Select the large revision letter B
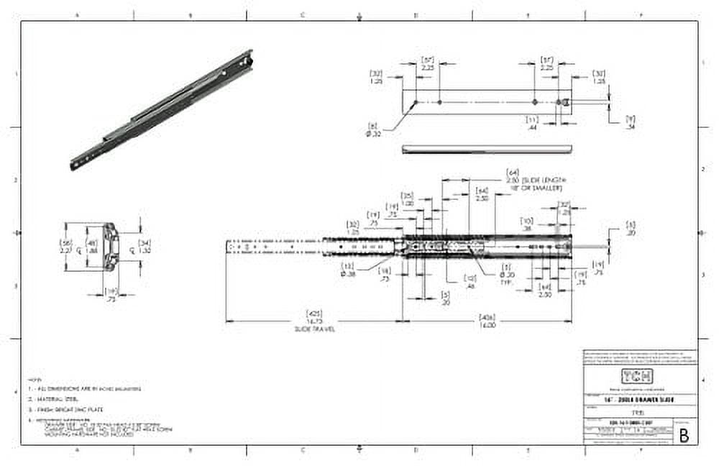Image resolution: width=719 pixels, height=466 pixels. (683, 435)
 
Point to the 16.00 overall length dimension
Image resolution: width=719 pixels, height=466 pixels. (487, 324)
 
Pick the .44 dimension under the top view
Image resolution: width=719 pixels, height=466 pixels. (533, 125)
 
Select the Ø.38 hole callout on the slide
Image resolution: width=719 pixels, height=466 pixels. (349, 273)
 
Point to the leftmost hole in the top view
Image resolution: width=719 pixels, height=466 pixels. (415, 103)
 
